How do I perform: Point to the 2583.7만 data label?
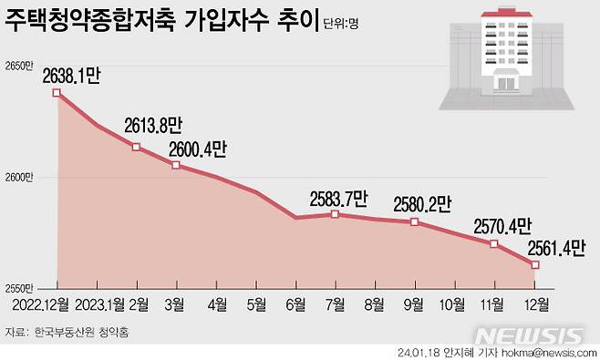click(x=336, y=198)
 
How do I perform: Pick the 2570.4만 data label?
click(x=502, y=226)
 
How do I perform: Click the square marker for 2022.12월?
click(x=57, y=93)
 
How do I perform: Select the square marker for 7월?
click(x=335, y=214)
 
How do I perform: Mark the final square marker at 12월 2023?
click(x=535, y=265)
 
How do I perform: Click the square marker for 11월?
click(x=493, y=243)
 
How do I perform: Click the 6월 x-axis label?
click(x=295, y=304)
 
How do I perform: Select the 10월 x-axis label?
click(x=454, y=304)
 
